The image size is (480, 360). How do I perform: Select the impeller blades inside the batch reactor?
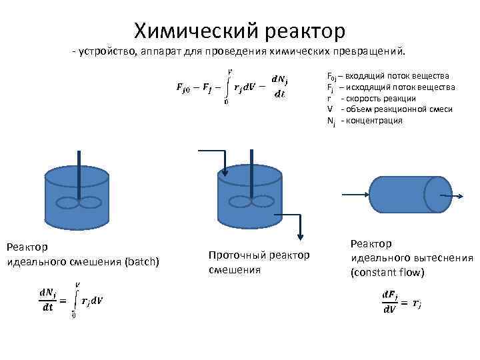point(79,205)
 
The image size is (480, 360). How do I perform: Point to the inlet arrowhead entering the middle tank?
point(225,174)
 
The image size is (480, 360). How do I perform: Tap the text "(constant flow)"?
point(387,273)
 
